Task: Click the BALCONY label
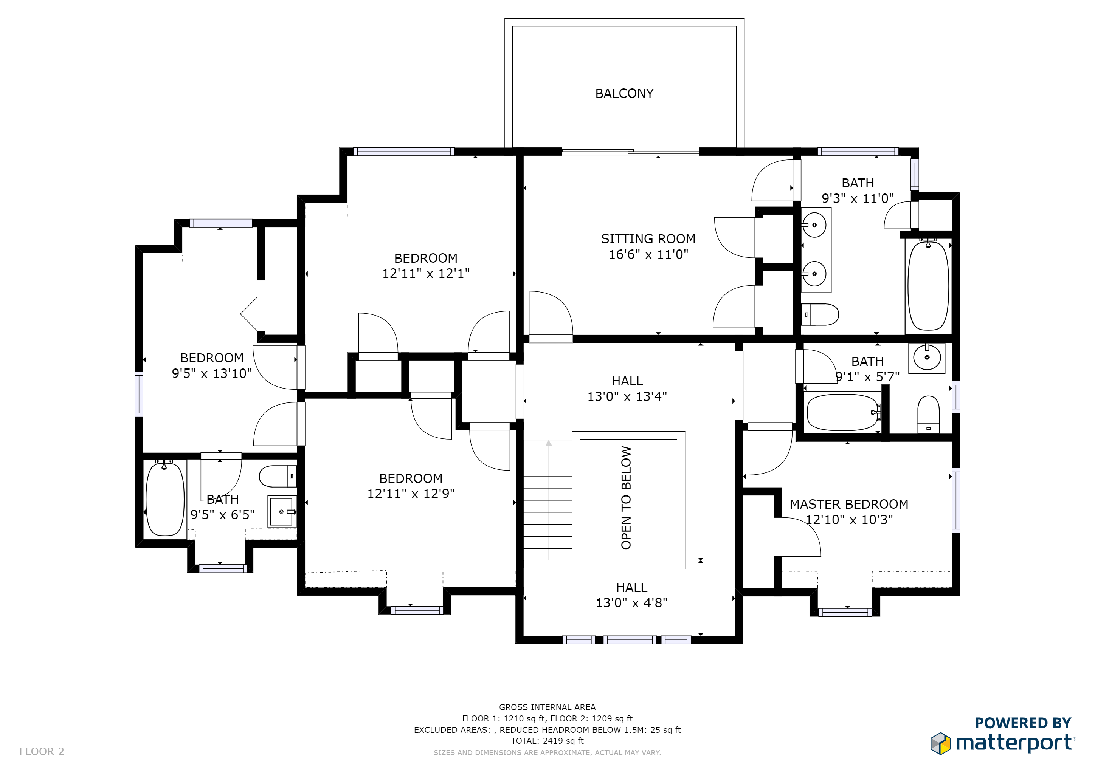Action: click(x=624, y=93)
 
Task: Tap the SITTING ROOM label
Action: click(x=648, y=239)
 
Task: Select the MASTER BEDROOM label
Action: click(x=849, y=504)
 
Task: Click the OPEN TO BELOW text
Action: click(x=626, y=498)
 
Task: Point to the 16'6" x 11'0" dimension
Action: click(x=648, y=254)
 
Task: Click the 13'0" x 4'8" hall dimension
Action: click(x=631, y=603)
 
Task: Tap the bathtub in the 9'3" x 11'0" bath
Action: click(x=928, y=285)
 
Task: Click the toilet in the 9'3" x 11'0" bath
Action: click(x=820, y=314)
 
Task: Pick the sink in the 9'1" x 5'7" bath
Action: click(x=927, y=358)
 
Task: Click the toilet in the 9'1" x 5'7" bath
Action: click(x=929, y=414)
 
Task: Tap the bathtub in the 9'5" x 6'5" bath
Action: click(x=165, y=498)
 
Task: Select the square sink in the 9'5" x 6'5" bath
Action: click(x=282, y=511)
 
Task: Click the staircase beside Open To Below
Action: click(x=548, y=504)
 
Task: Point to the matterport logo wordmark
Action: click(x=1015, y=743)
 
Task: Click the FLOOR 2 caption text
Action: click(x=42, y=752)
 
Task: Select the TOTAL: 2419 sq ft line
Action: click(x=547, y=741)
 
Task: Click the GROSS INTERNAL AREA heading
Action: click(x=547, y=707)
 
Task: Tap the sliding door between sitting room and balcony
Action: click(x=630, y=152)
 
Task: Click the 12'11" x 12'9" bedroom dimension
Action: click(x=411, y=494)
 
